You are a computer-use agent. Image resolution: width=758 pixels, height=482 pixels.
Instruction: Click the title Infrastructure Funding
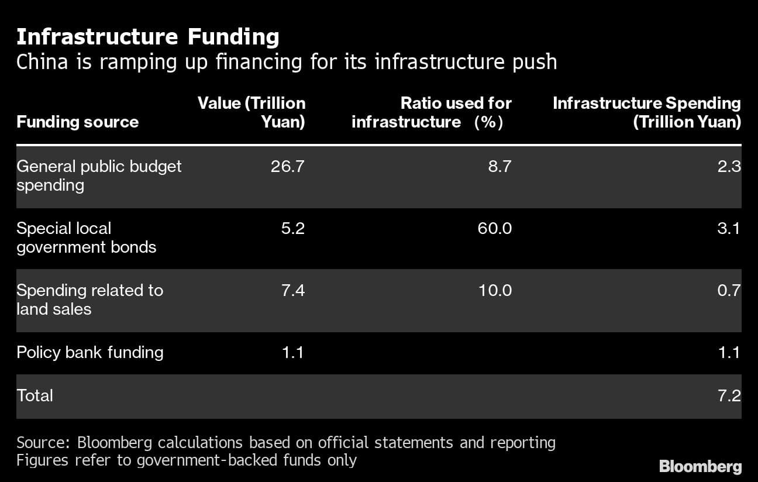tap(147, 37)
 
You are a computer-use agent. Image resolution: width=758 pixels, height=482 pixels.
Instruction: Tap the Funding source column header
tap(77, 122)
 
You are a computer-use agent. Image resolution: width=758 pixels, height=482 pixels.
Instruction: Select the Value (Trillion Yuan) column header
tap(251, 112)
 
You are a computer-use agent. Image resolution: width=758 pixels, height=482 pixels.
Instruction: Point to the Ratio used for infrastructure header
tap(431, 112)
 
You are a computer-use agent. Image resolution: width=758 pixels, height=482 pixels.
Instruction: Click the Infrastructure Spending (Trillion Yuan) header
tap(646, 112)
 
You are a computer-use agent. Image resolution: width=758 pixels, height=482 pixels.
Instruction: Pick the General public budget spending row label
tap(99, 175)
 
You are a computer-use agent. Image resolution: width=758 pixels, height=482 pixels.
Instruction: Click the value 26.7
tap(287, 166)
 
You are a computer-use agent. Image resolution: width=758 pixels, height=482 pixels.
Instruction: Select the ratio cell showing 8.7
tap(499, 166)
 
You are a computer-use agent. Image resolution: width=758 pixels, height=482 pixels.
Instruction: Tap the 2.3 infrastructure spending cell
tap(729, 166)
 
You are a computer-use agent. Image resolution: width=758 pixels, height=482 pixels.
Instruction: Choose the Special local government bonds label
tap(86, 237)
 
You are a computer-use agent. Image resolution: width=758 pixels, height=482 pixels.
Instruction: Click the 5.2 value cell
tap(292, 228)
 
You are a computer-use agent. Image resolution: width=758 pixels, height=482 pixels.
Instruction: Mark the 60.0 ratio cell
tap(494, 228)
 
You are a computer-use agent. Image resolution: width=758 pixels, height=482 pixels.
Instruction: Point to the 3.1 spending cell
tap(729, 228)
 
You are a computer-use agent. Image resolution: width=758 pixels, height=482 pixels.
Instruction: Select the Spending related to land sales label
tap(89, 299)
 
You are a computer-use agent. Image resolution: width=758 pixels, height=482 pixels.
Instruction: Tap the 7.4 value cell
tap(292, 290)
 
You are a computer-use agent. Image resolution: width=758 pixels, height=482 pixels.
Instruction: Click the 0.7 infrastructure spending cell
tap(729, 290)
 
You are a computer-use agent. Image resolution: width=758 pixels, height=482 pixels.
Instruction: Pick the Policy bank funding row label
tap(89, 352)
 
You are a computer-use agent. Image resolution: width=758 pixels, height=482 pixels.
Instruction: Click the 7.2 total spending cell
tap(729, 395)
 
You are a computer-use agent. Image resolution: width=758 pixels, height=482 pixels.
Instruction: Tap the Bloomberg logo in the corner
tap(700, 466)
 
